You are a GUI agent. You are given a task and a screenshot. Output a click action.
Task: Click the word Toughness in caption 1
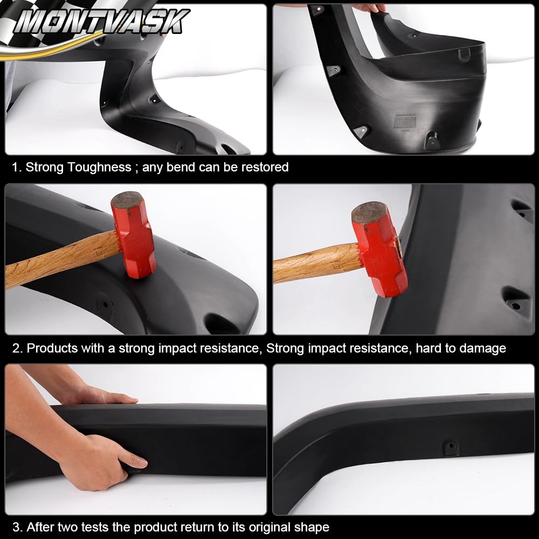tap(99, 167)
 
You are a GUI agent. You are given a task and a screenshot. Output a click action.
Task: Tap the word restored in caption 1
tap(265, 167)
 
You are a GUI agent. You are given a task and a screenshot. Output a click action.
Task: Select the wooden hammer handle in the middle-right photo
tap(315, 262)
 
